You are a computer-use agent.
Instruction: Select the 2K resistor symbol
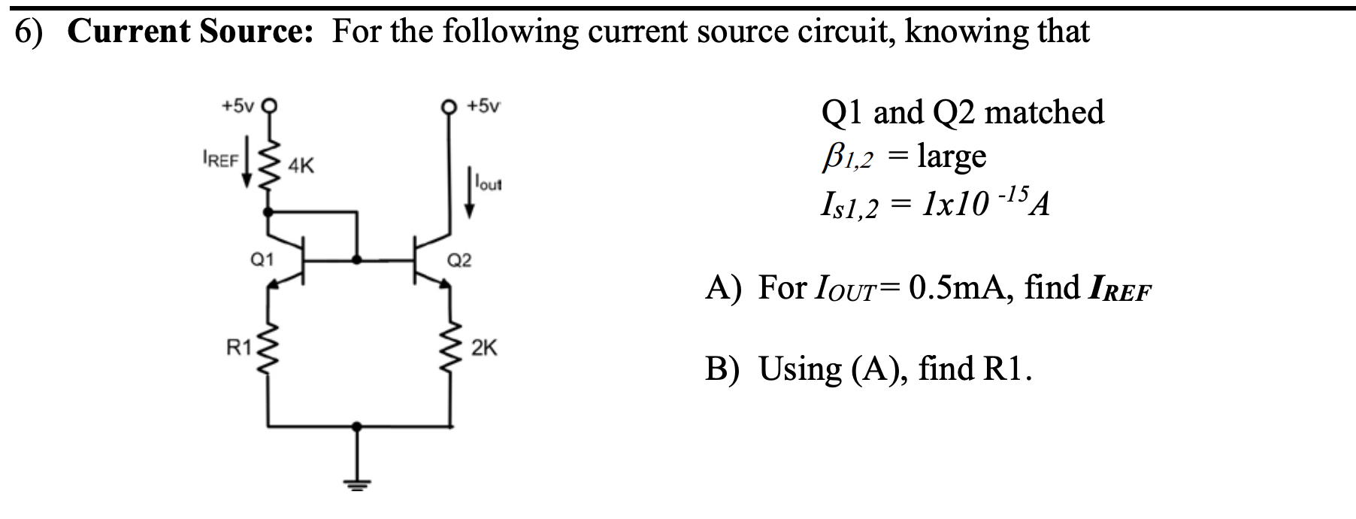[x=451, y=348]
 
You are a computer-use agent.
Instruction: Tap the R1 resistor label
[x=239, y=348]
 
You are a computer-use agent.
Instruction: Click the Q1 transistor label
[x=261, y=260]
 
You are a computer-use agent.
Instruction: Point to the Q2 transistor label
[x=459, y=260]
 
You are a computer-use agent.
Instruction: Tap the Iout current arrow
[x=471, y=197]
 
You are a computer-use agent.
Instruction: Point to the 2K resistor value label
[x=484, y=348]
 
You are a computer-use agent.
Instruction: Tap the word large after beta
[x=952, y=156]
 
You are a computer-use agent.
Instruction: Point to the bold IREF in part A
[x=1118, y=289]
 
